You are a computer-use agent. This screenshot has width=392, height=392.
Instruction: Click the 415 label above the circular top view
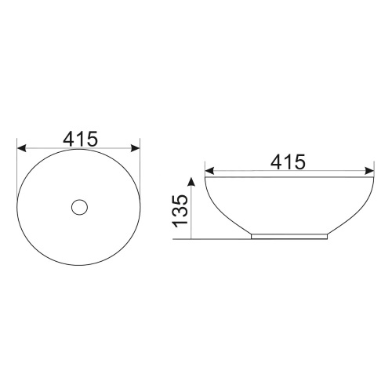coord(80,139)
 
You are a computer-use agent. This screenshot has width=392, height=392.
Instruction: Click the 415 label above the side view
coord(288,162)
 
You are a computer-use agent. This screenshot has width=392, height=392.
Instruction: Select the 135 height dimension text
coord(180,211)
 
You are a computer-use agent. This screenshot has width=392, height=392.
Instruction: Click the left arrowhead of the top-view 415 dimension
coord(21,148)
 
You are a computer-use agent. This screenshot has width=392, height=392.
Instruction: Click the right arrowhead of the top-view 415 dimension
coord(136,148)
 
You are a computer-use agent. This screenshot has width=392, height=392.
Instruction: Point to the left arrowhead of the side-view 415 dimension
coord(210,171)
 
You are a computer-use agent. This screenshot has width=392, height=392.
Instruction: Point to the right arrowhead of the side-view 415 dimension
coord(369,171)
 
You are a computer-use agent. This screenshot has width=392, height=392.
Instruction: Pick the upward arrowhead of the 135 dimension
coord(191,182)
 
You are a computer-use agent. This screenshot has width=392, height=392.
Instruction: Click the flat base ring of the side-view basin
coord(289,236)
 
